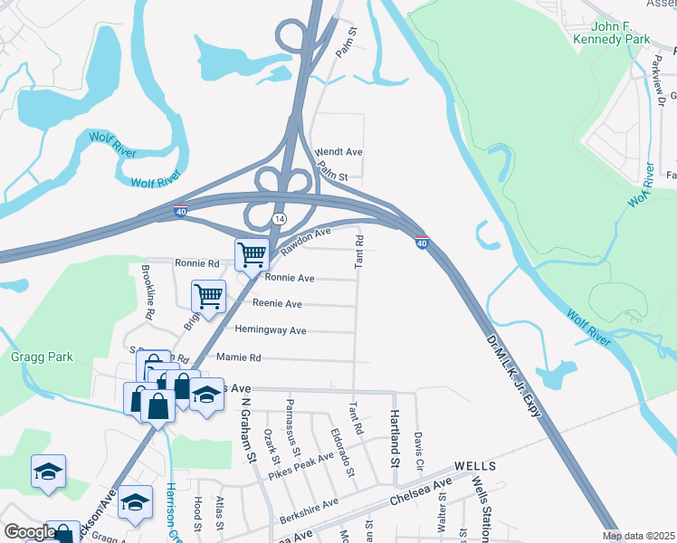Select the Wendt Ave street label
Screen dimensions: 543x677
click(x=338, y=152)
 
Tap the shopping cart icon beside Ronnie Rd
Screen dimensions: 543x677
click(x=251, y=254)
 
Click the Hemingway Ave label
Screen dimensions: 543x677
click(x=271, y=330)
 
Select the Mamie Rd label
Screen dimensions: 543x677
click(x=238, y=357)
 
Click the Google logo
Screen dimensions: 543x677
click(x=29, y=532)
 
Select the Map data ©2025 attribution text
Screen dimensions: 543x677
click(x=639, y=536)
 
